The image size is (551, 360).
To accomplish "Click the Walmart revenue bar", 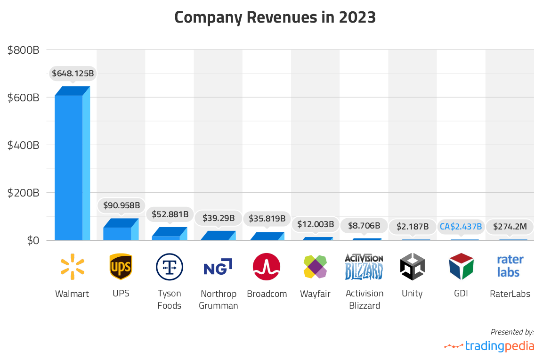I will tap(69, 167).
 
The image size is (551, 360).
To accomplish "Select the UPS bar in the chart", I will tap(118, 233).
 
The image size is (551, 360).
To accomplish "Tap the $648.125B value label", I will tap(73, 74).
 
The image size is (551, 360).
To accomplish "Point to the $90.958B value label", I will tap(122, 205).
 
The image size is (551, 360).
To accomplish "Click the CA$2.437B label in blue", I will tap(461, 227).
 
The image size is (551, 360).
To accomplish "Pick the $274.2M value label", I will tap(510, 227).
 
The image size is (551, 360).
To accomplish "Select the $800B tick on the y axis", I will tap(23, 49).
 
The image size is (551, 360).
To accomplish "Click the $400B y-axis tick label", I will tap(23, 145).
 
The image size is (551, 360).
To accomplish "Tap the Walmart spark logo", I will tap(72, 267).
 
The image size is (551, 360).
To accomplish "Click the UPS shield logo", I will tap(121, 267).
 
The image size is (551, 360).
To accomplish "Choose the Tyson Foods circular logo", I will tap(170, 267).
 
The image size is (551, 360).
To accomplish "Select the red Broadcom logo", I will tap(267, 267).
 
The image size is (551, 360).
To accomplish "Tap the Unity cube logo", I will tap(413, 267).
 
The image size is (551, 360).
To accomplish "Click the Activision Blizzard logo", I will tap(364, 267).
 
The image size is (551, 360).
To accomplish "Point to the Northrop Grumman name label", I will tap(218, 300).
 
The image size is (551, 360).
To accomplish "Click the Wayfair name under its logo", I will tap(315, 294).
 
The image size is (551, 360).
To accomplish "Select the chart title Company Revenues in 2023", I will tap(275, 17).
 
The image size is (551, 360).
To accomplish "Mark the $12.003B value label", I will tap(316, 225).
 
